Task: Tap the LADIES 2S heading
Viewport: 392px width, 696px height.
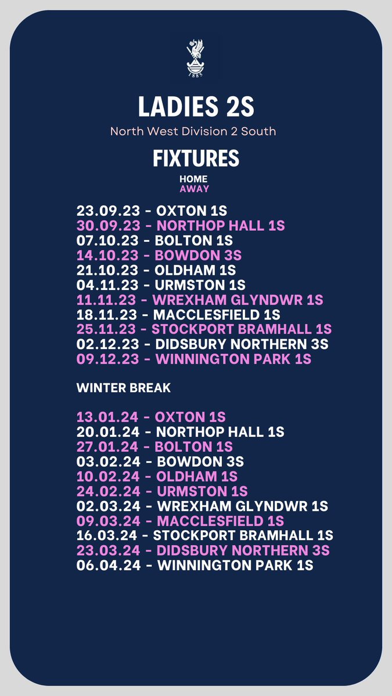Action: coord(196,107)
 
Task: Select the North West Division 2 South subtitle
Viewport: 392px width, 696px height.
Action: coord(193,131)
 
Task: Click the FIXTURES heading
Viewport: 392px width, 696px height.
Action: coord(196,158)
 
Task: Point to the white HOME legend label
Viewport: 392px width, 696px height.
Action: coord(193,179)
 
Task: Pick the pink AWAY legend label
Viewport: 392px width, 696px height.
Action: coord(194,188)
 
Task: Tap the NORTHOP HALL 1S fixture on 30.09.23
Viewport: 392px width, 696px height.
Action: coord(221,225)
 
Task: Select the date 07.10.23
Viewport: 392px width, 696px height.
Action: coord(108,240)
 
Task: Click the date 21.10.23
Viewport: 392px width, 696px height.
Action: coord(108,270)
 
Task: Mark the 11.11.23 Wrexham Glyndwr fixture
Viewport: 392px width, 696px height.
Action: coord(200,300)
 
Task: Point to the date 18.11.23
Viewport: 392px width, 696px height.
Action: coord(108,315)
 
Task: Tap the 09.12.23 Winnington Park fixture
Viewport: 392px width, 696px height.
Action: coord(194,360)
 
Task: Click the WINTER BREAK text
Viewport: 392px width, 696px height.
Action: coord(124,388)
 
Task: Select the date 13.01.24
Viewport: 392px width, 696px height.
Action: coord(108,417)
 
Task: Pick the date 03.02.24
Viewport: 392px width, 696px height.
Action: coord(108,462)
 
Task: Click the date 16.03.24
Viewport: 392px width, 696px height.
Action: coord(108,535)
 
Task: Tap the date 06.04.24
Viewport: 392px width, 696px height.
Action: coord(108,565)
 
